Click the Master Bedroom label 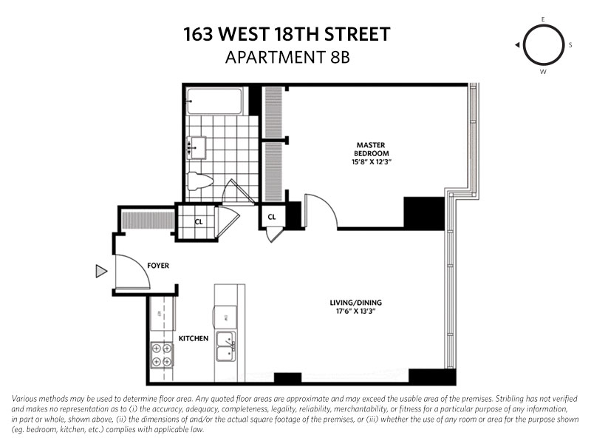tap(372, 149)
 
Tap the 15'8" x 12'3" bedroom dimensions tap(372, 161)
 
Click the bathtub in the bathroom tap(218, 100)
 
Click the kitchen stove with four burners tap(162, 356)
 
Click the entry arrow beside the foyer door tap(101, 272)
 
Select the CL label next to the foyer tap(199, 221)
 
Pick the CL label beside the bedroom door tap(272, 217)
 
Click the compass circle tap(543, 44)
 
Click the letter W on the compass tap(543, 72)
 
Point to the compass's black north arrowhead tap(518, 45)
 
